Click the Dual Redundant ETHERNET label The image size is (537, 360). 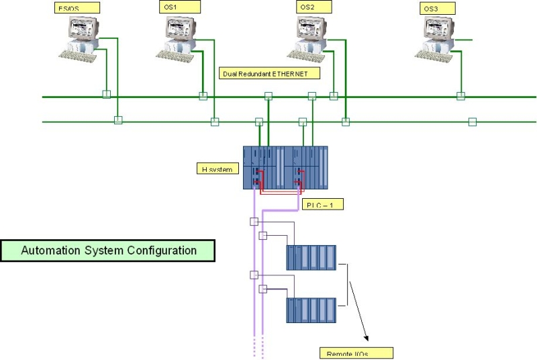(x=270, y=73)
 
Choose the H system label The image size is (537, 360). (x=217, y=169)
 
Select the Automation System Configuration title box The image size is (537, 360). (x=109, y=251)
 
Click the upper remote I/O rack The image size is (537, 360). (x=311, y=258)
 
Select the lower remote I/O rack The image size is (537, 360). (x=311, y=311)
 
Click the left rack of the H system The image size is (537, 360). (x=264, y=167)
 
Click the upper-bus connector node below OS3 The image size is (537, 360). (x=460, y=96)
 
